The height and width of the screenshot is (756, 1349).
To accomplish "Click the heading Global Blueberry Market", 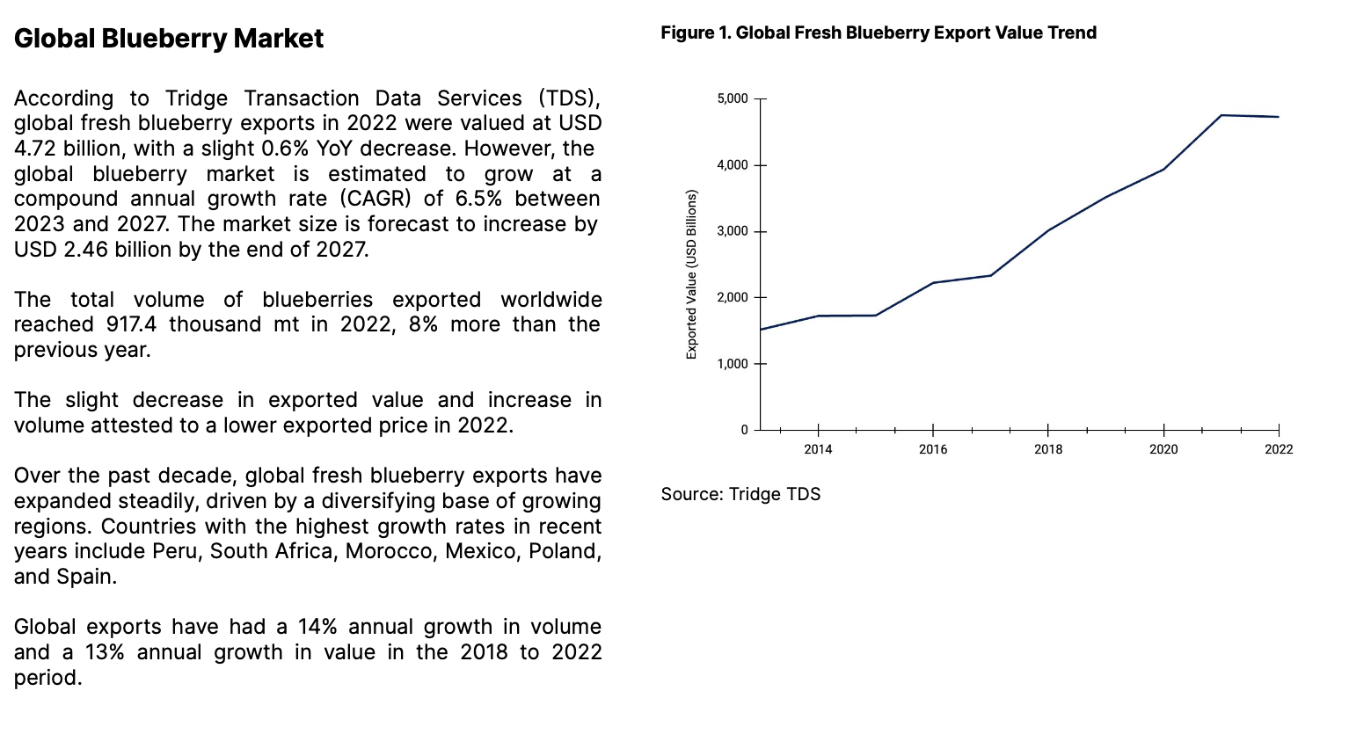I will [x=169, y=39].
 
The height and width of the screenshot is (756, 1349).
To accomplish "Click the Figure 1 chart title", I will [x=878, y=33].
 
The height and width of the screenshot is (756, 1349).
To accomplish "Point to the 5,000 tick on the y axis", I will [x=733, y=98].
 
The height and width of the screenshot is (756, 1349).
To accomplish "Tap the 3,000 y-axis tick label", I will [x=733, y=231].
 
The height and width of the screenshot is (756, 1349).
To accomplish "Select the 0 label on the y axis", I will [x=744, y=430].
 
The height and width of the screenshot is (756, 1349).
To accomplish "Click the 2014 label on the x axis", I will [x=818, y=449].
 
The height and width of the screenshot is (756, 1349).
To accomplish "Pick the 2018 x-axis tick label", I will [x=1048, y=449].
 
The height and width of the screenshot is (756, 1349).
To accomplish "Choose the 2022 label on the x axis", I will [x=1279, y=449].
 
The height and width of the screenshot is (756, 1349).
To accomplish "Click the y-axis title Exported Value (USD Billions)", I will [x=691, y=274].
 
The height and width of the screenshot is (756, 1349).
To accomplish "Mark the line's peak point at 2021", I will [x=1221, y=115].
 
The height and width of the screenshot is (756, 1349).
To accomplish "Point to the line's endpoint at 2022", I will [x=1279, y=117].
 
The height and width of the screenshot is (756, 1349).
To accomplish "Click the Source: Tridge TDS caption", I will [x=740, y=494].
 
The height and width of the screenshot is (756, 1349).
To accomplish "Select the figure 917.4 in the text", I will [x=131, y=324].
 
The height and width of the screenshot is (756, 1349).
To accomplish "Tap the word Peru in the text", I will [x=176, y=551].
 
